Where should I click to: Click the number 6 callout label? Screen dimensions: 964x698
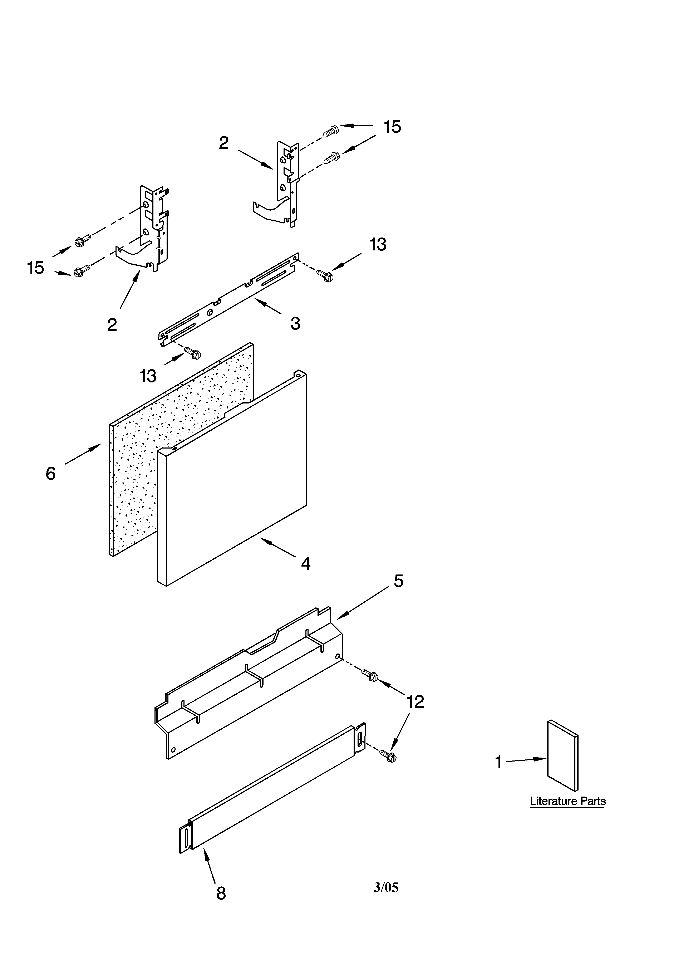pos(51,474)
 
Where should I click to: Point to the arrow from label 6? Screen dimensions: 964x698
pos(83,454)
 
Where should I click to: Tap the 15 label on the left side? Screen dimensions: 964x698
pos(36,268)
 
